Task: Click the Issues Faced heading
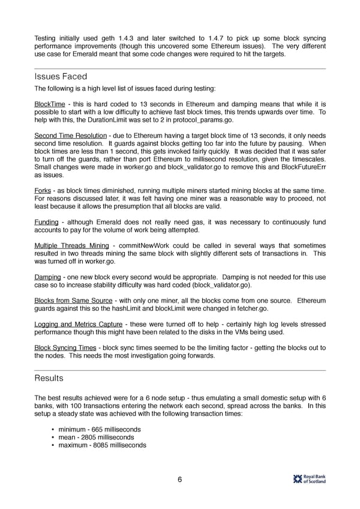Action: click(61, 76)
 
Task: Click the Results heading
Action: click(49, 378)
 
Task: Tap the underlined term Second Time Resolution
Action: click(70, 135)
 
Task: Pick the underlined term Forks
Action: click(42, 190)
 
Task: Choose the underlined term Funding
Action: click(46, 222)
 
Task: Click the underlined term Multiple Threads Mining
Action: click(71, 245)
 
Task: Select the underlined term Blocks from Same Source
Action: click(73, 300)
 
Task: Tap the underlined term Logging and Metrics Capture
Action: click(79, 324)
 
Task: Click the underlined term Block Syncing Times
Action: click(65, 347)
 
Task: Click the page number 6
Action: click(179, 479)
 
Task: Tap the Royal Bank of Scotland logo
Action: click(309, 478)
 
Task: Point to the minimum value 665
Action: click(96, 430)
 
